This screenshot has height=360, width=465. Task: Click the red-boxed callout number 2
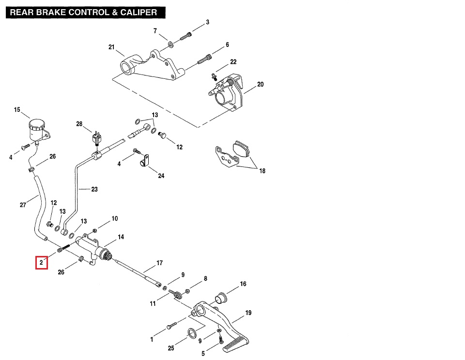[42, 263]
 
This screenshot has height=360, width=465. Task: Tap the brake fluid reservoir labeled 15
[36, 129]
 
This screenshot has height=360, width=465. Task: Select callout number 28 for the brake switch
[79, 124]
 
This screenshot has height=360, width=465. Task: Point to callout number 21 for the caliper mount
[111, 47]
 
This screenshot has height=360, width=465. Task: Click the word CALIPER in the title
[138, 12]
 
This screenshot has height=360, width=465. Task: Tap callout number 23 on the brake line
[94, 189]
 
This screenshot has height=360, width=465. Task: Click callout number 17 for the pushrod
[159, 264]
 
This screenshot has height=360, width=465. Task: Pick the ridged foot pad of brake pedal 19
[236, 345]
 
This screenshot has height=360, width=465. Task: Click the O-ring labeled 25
[192, 333]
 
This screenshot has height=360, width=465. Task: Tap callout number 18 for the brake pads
[262, 171]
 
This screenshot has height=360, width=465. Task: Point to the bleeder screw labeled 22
[214, 75]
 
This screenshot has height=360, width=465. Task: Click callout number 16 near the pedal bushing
[243, 284]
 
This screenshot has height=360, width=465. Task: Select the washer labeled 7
[171, 45]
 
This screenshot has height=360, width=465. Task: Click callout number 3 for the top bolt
[207, 22]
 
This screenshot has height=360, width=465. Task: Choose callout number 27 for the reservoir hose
[23, 205]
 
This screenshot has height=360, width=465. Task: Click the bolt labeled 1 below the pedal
[169, 327]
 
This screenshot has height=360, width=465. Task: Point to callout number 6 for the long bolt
[227, 45]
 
